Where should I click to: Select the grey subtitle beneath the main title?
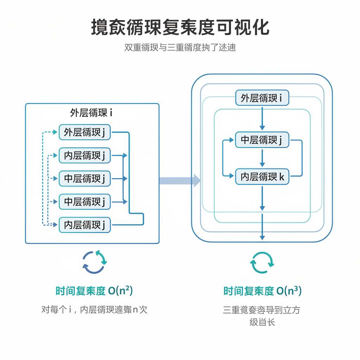(x=180, y=47)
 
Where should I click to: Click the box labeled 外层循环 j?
(x=84, y=133)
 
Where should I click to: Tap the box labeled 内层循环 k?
(x=262, y=177)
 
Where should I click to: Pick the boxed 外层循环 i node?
(x=262, y=98)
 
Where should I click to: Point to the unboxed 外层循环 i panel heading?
(x=91, y=113)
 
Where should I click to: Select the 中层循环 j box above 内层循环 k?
(x=262, y=140)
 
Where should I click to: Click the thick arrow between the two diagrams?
(x=180, y=181)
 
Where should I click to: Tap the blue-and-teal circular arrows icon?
(x=94, y=262)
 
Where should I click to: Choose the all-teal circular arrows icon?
(x=262, y=262)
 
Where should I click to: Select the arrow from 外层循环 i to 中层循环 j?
(x=262, y=118)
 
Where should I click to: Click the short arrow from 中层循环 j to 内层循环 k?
(x=262, y=159)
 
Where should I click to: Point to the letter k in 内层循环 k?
(x=282, y=177)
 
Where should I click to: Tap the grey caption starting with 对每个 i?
(x=94, y=310)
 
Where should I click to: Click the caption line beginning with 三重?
(x=262, y=310)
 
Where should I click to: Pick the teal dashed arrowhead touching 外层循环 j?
(x=55, y=132)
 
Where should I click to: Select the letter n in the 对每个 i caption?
(x=135, y=310)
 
